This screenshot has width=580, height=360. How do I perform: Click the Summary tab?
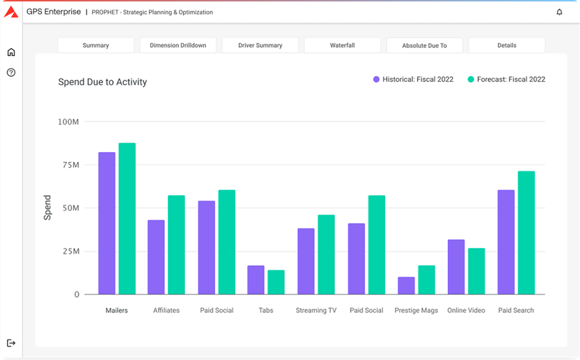click(x=96, y=46)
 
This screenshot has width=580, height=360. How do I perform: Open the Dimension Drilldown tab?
click(x=178, y=46)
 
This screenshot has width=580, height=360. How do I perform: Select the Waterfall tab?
click(x=342, y=46)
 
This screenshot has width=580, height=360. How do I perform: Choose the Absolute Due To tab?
click(x=425, y=46)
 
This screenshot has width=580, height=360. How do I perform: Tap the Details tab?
click(x=506, y=46)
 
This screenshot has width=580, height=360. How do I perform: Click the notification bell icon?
click(x=559, y=12)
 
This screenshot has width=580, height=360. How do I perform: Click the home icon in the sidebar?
click(x=11, y=52)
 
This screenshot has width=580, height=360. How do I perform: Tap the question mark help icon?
click(x=11, y=72)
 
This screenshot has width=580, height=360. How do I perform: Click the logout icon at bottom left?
click(x=11, y=343)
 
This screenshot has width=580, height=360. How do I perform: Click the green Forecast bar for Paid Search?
click(x=526, y=233)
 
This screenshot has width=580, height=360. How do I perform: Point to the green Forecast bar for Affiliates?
click(x=176, y=245)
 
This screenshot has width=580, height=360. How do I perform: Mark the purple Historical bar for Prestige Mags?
click(x=406, y=285)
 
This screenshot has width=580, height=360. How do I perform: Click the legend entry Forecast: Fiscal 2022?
click(x=506, y=80)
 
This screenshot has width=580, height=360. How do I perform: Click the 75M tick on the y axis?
click(x=69, y=165)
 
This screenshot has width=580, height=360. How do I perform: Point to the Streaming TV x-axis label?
click(x=316, y=311)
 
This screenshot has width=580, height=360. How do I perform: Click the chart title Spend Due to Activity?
click(x=103, y=82)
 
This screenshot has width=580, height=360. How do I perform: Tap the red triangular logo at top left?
click(x=11, y=12)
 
